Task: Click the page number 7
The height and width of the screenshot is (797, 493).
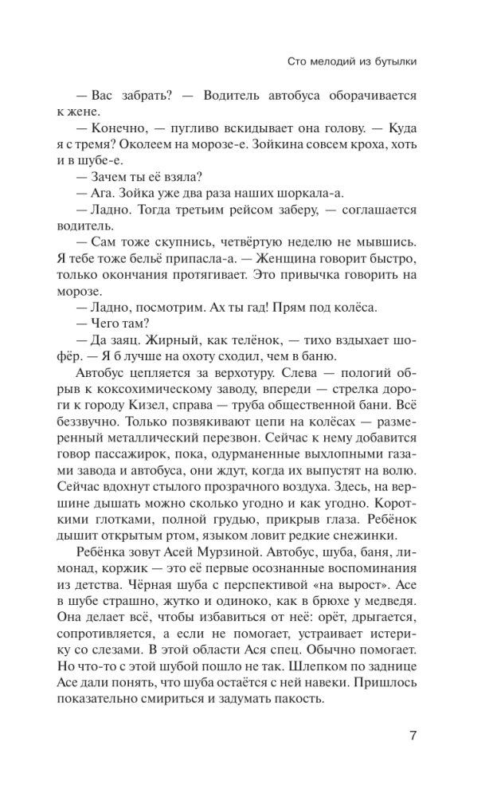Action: (x=413, y=735)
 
